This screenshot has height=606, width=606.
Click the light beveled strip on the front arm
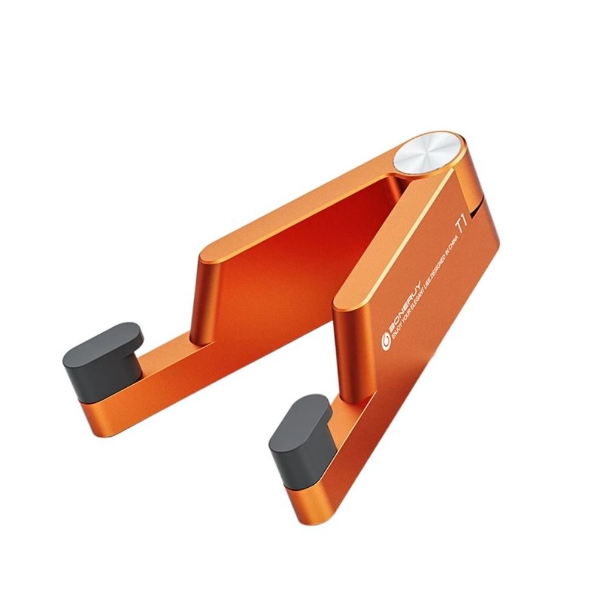tap(388, 242)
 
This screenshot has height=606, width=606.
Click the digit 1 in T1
tap(464, 221)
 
